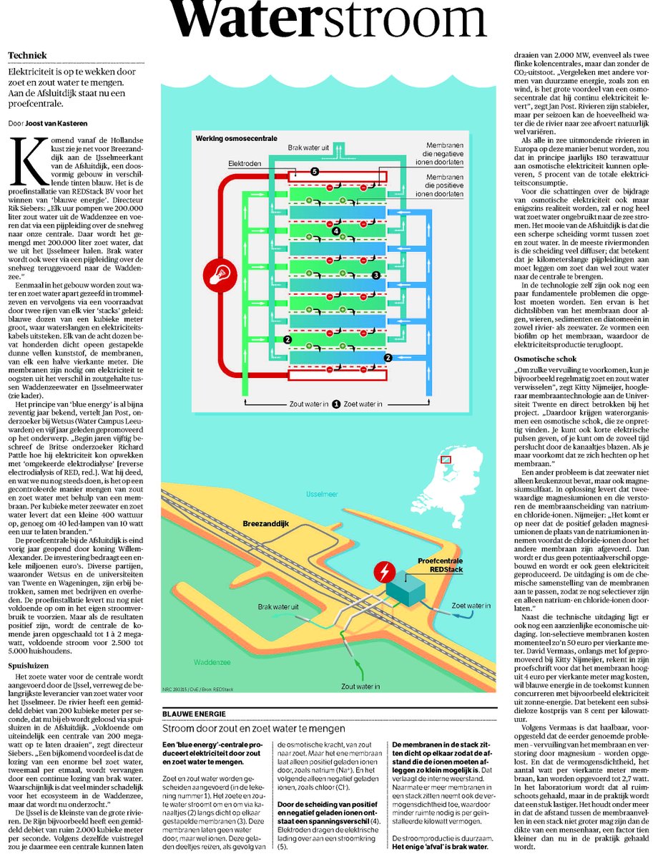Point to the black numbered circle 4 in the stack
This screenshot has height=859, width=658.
point(336,230)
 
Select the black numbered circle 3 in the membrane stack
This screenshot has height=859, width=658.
point(375,274)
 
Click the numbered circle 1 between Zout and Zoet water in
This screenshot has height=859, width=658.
point(335,404)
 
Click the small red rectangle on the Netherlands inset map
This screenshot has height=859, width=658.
point(448,460)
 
